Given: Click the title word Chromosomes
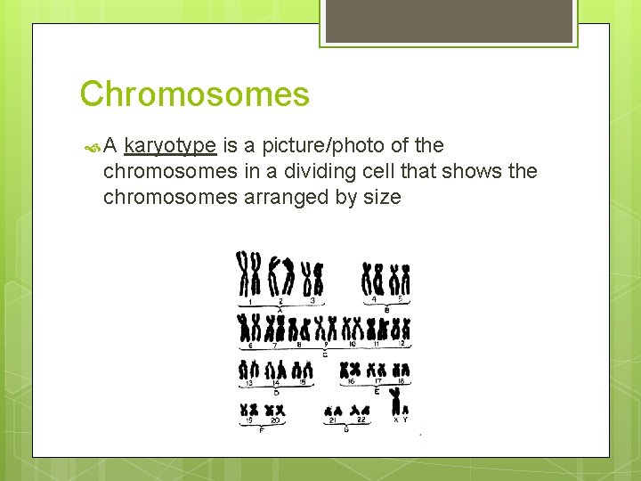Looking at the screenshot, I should point(194,94).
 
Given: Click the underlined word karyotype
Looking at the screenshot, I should point(170,145).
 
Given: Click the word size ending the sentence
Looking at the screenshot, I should point(381,197).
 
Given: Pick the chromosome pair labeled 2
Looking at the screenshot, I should point(280,275).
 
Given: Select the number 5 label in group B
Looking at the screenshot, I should point(400,299).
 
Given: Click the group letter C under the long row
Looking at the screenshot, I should point(324,354).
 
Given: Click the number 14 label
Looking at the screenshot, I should point(276,382).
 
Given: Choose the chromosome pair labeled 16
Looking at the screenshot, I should point(353,369).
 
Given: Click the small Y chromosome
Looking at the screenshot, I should point(405,410).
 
